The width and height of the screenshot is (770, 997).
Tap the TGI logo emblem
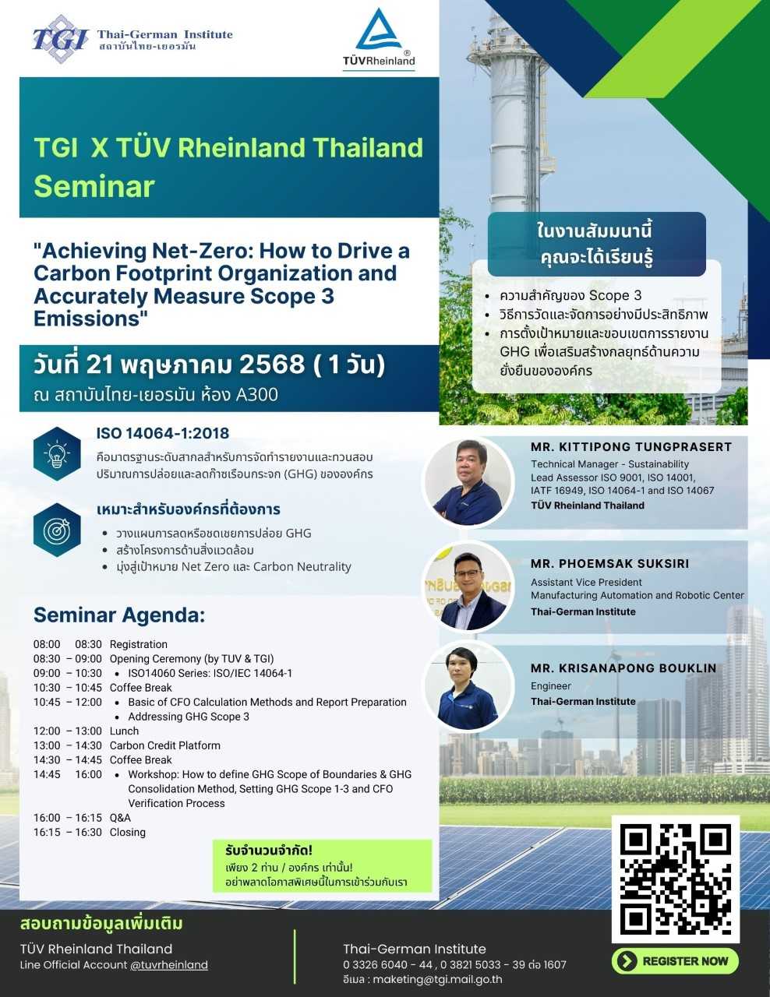[x=61, y=38]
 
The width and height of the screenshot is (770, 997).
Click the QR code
[x=676, y=879]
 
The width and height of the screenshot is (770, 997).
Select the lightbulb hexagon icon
[x=57, y=454]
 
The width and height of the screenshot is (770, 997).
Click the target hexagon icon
[x=57, y=530]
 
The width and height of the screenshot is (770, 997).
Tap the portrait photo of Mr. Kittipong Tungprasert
[x=468, y=482]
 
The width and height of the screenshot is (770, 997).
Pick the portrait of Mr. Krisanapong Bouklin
[x=468, y=687]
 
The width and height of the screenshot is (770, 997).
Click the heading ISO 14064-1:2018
[x=162, y=433]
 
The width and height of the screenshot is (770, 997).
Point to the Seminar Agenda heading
[x=119, y=615]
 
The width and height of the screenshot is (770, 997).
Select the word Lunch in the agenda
[x=124, y=731]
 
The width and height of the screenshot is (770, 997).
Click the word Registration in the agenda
[x=138, y=644]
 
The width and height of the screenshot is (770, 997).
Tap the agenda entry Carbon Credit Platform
[x=164, y=745]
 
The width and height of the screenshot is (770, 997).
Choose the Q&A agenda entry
[x=120, y=818]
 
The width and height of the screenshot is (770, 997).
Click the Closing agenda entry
[x=128, y=833]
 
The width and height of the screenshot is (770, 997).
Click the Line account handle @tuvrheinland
[x=169, y=965]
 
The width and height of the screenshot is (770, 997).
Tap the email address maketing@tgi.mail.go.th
[x=437, y=980]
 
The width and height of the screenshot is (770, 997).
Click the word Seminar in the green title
[x=94, y=187]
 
